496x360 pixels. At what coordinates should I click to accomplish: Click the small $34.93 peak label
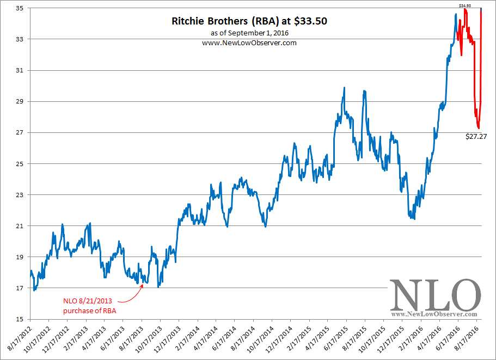tap(464, 5)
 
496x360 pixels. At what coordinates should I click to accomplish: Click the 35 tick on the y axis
tap(19, 8)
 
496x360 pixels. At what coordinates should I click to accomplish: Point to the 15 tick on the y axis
tap(19, 319)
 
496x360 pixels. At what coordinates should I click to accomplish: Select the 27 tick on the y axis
tap(19, 132)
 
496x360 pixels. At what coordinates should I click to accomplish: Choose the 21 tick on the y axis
tap(19, 226)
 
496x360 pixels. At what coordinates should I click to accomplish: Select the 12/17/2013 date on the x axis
tap(169, 339)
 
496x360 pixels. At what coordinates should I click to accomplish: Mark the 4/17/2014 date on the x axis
tap(206, 339)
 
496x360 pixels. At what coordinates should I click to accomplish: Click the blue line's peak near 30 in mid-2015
tap(344, 88)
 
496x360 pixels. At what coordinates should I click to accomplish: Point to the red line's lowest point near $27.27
tap(478, 128)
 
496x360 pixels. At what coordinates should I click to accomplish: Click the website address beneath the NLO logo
tap(434, 314)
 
